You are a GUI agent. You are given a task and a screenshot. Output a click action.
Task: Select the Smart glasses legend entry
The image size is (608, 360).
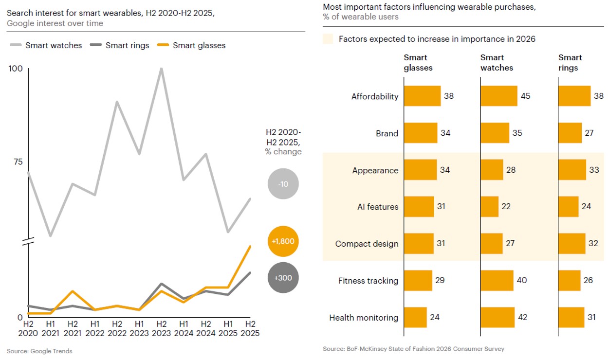point(192,45)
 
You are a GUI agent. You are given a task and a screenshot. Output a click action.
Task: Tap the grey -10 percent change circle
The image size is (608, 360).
point(283,184)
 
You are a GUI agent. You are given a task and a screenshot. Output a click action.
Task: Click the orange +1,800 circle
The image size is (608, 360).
point(283,241)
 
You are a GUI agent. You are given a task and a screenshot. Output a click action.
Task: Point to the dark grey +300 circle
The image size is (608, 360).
point(283,278)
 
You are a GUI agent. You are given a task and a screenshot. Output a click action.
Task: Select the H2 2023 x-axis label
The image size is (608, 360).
point(161,328)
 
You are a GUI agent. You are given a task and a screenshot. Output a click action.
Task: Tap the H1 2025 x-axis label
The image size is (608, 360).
point(228,328)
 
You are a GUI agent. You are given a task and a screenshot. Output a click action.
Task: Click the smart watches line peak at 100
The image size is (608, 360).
point(161,69)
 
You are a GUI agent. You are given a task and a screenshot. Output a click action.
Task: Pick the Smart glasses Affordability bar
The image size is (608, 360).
point(422,96)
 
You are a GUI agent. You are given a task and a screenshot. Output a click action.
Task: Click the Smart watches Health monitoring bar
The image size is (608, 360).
point(497,317)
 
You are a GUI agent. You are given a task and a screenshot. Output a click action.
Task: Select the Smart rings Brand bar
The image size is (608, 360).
point(570,133)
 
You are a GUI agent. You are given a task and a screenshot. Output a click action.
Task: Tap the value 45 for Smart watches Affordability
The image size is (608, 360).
point(526,96)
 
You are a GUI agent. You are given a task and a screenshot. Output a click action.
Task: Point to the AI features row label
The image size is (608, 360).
point(377,207)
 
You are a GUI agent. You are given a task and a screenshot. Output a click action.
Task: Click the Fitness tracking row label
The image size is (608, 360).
point(368,281)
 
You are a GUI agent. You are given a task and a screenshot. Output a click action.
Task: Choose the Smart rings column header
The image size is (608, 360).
point(570,63)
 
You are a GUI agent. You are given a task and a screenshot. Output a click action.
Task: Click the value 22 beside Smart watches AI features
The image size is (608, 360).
point(506,206)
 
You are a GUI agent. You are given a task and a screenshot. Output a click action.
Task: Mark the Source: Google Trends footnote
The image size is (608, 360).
point(39,351)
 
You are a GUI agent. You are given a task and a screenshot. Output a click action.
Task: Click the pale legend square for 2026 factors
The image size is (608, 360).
point(328,39)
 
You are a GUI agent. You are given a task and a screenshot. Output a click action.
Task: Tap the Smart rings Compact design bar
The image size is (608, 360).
point(572,243)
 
